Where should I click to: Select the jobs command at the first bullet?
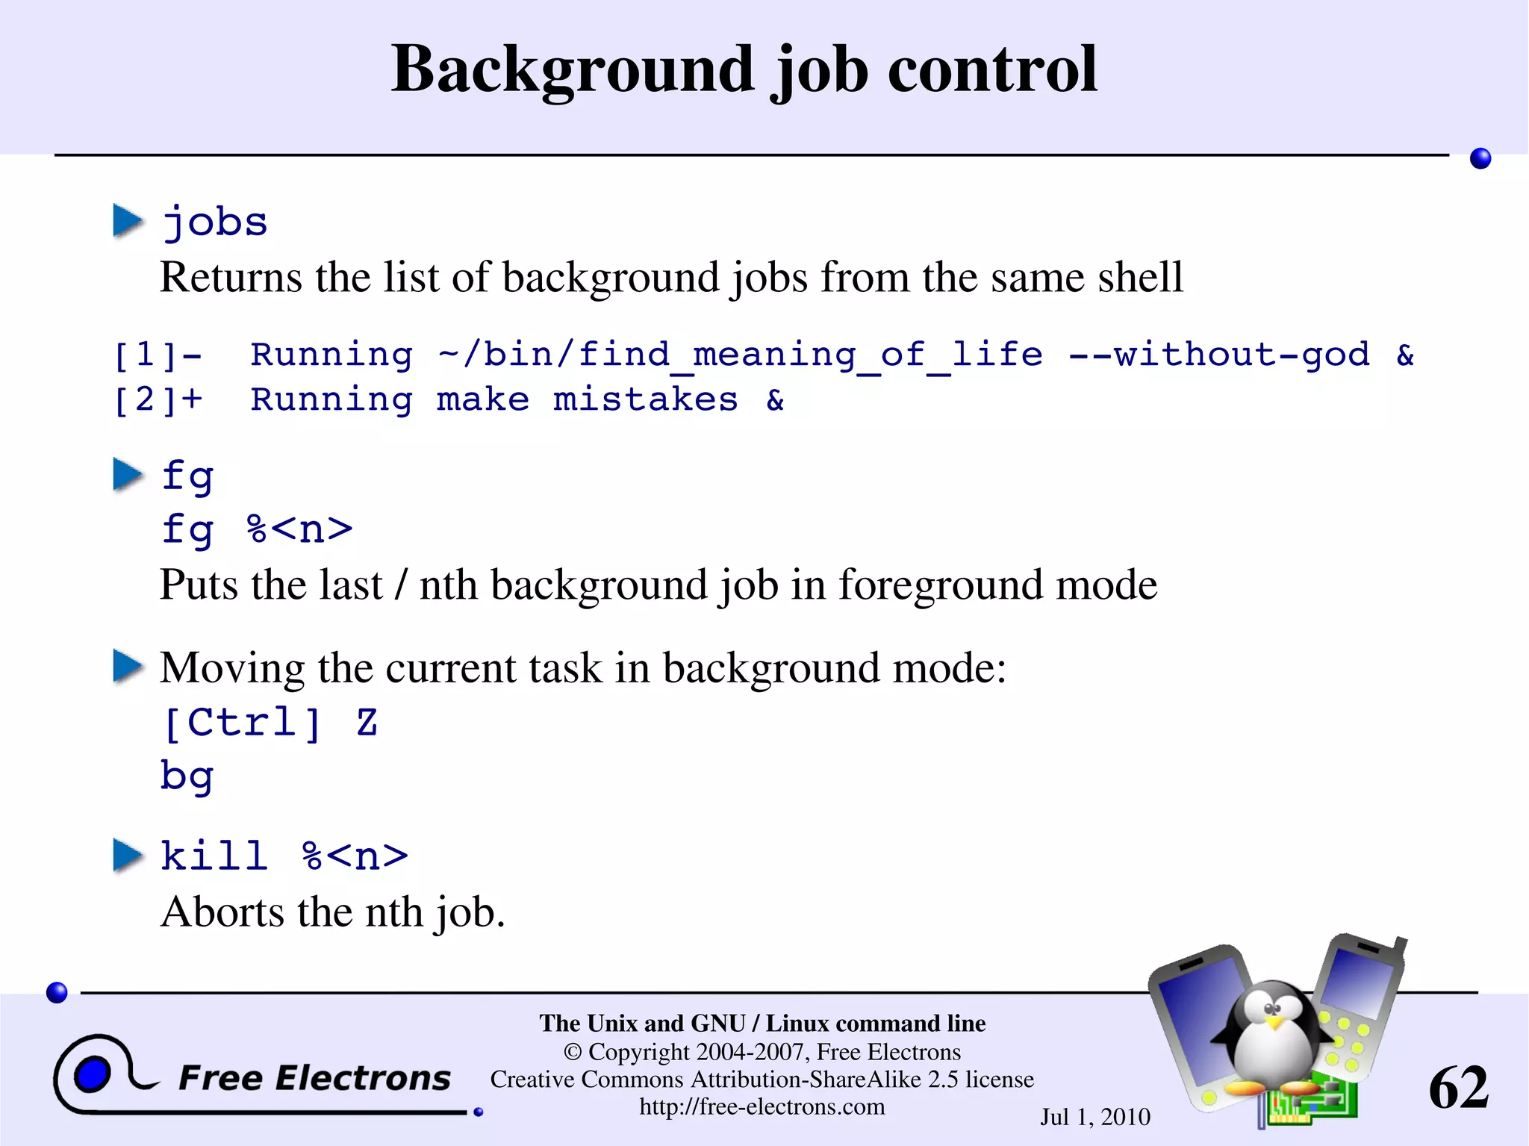[215, 223]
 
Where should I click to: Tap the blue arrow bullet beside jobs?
[128, 221]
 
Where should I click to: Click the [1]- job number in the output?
[158, 355]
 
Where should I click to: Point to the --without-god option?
[1219, 354]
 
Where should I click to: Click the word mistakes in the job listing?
[645, 400]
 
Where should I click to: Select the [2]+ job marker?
[158, 400]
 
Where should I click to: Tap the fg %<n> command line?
[257, 529]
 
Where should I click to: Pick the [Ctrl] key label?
[243, 723]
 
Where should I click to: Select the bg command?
[187, 776]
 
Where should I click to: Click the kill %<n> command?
[284, 856]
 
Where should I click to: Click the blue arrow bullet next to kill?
[128, 856]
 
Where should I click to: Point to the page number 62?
[1458, 1088]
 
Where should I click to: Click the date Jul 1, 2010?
[1095, 1117]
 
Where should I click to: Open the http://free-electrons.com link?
[762, 1106]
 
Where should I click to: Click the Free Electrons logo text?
[314, 1078]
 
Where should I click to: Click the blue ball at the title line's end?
[1480, 158]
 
